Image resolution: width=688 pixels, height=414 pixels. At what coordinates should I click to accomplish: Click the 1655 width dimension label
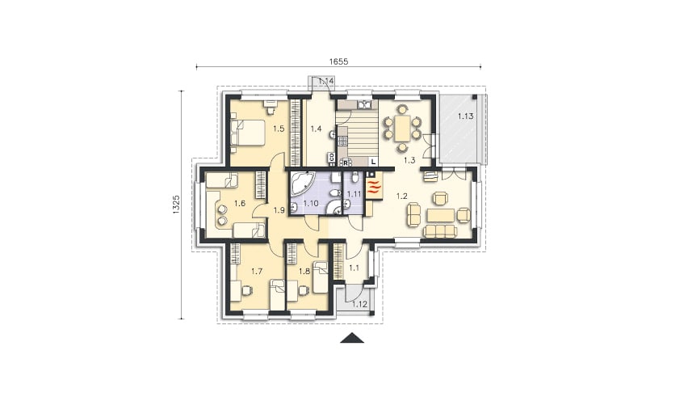point(338,62)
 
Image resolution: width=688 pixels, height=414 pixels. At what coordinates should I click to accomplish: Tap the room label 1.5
point(279,129)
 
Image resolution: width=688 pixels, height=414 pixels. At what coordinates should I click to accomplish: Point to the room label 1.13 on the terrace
point(466,116)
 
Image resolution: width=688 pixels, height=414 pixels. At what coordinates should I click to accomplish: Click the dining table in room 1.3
point(402,129)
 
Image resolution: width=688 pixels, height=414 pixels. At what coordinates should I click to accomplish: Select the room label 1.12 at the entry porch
point(359,304)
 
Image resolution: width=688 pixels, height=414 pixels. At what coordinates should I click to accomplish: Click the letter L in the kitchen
point(373,162)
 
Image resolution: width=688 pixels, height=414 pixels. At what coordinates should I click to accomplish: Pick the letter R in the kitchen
point(346,163)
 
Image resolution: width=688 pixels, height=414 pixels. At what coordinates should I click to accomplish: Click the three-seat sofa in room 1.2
point(440,231)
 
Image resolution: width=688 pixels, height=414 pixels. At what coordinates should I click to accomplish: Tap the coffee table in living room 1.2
point(440,215)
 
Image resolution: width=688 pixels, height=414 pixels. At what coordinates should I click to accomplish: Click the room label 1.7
point(256,272)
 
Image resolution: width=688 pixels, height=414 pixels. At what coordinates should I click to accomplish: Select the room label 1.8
point(304,272)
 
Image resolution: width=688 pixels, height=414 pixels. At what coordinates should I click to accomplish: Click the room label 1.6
point(240,203)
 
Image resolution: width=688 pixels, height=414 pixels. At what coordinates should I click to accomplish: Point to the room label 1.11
point(354,193)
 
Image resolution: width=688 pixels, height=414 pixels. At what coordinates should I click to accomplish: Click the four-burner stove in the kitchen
point(342,140)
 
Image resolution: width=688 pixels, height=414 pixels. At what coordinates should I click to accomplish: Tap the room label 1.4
point(316,129)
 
